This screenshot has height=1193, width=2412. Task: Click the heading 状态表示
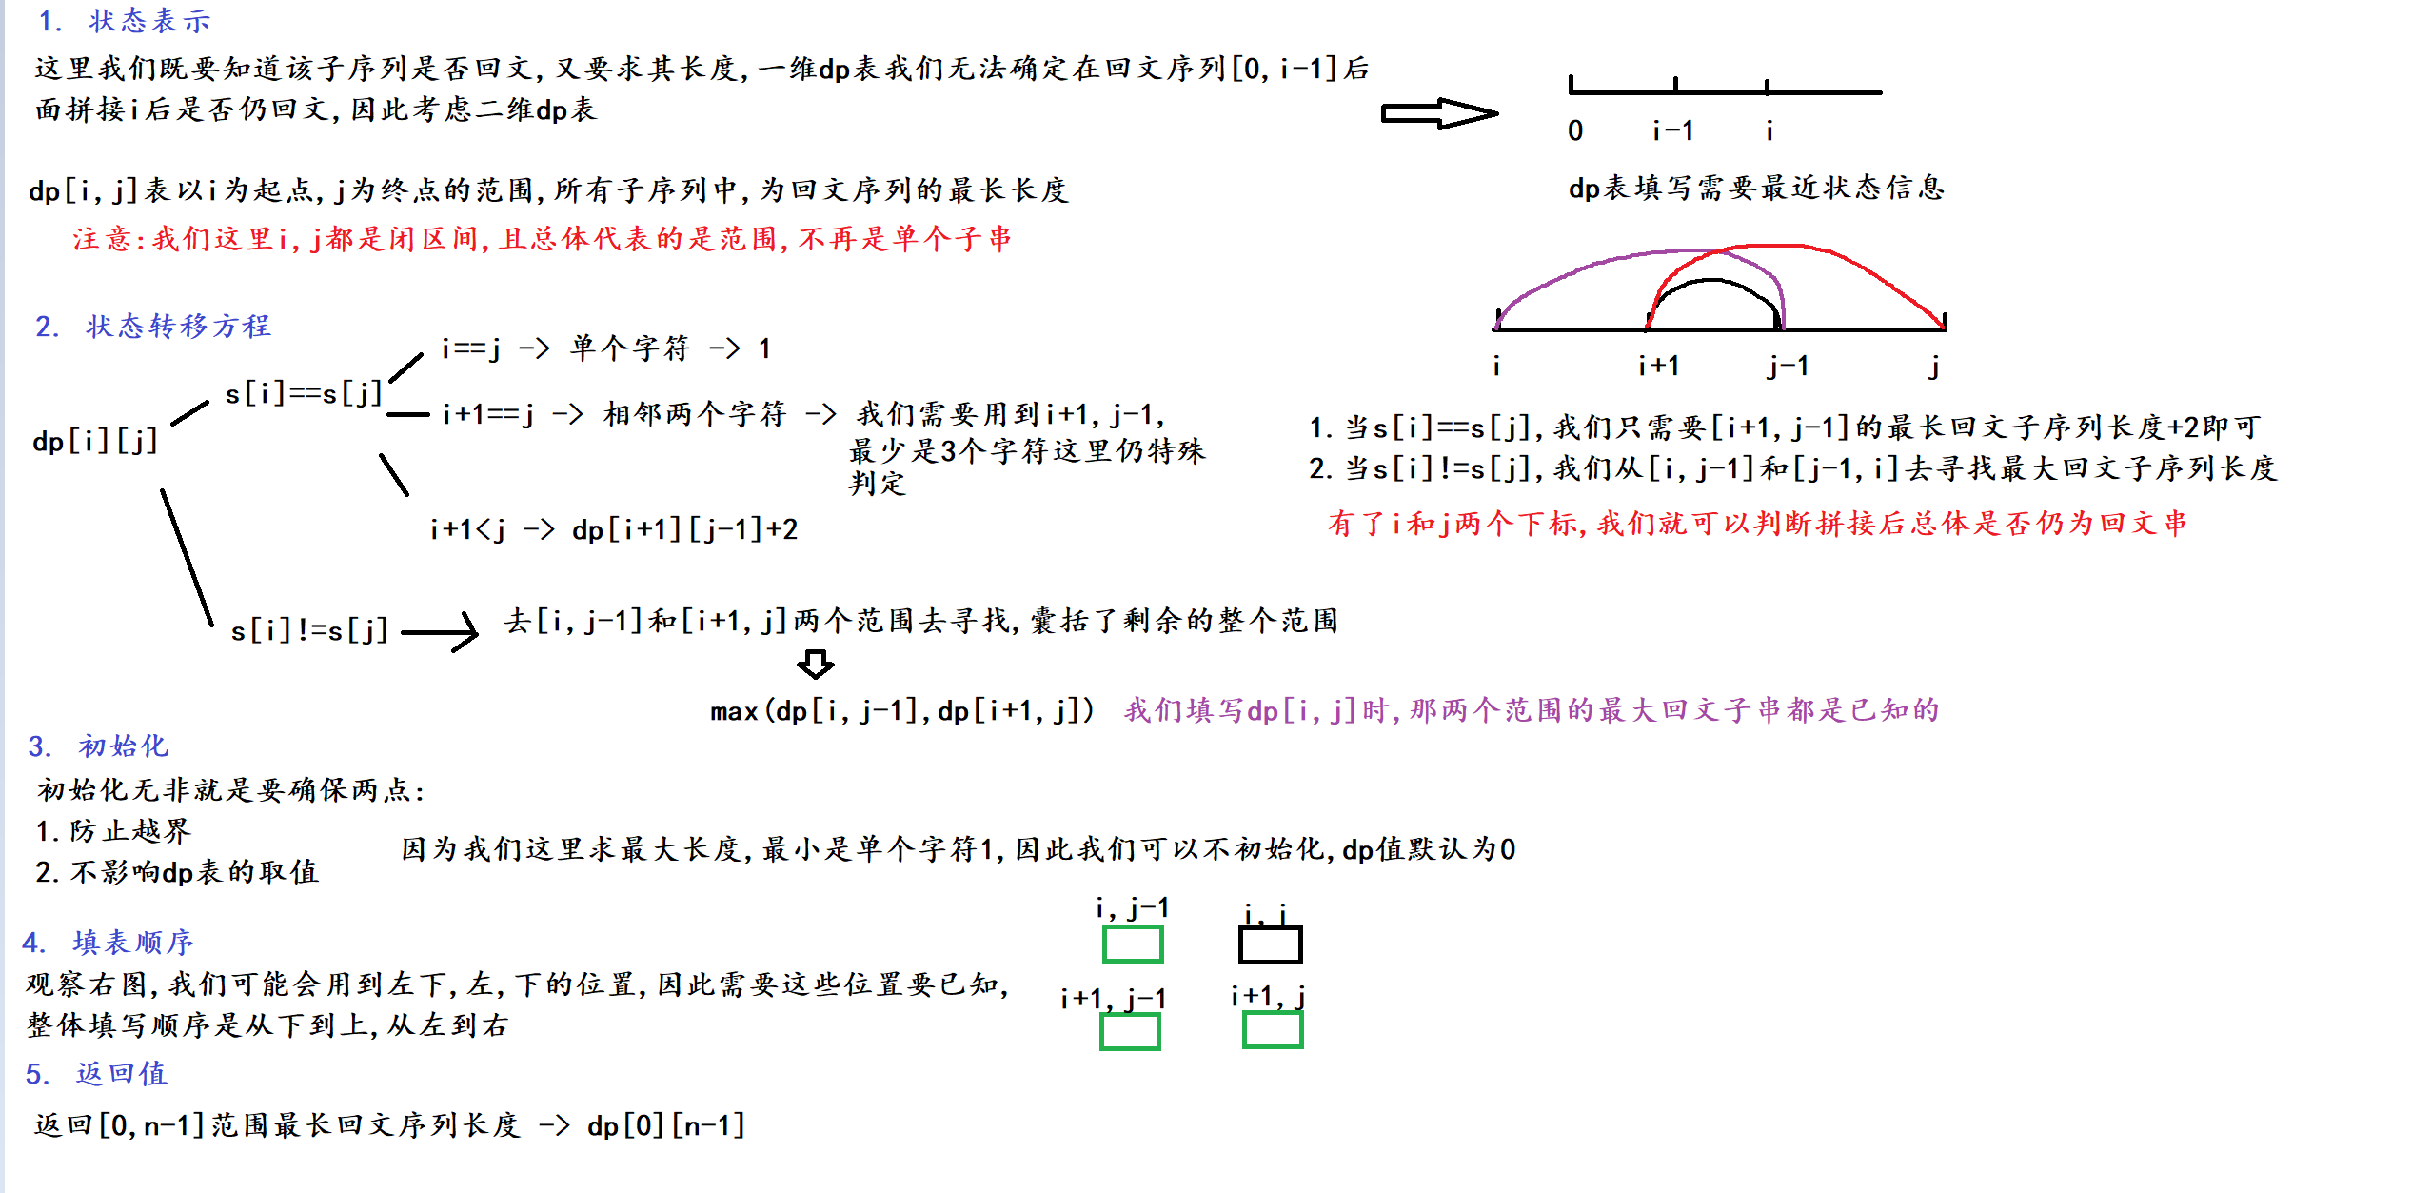tap(148, 21)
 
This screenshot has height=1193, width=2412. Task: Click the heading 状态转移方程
tap(178, 327)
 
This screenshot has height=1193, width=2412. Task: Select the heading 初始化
tap(124, 746)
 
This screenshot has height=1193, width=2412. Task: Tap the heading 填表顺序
tap(133, 943)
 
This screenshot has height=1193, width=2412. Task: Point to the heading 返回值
tap(122, 1073)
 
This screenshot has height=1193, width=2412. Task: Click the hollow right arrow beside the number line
tap(1439, 113)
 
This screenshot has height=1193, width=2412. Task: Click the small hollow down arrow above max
tap(815, 664)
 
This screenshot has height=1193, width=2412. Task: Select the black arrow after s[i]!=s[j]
tap(441, 631)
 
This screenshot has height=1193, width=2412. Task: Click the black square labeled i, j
tap(1270, 945)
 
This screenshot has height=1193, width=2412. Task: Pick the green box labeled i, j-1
tap(1133, 944)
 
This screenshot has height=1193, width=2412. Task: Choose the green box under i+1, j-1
tap(1130, 1031)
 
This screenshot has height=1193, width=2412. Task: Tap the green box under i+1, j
tap(1273, 1029)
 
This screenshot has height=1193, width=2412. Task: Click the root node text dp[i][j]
tap(95, 441)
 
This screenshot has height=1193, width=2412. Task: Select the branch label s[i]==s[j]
tap(304, 393)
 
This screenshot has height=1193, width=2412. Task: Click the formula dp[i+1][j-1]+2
tap(684, 529)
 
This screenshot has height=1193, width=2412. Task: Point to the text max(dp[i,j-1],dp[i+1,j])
tap(902, 711)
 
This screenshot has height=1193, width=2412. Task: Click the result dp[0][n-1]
tap(665, 1125)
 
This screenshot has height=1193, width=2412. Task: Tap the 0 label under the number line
tap(1575, 130)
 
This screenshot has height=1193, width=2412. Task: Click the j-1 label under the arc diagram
tap(1788, 366)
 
